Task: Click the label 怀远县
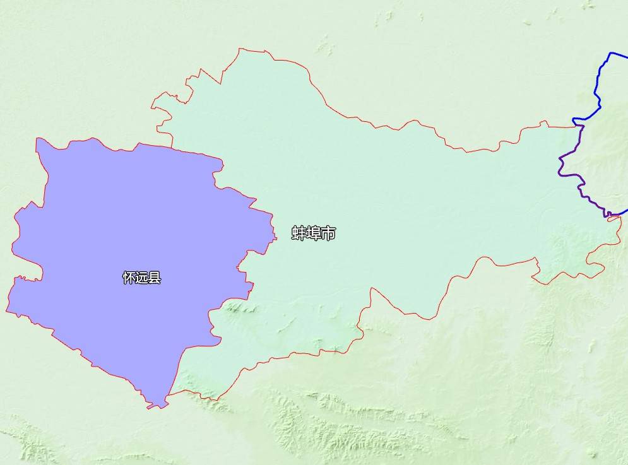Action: click(x=142, y=278)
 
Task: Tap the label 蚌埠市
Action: click(x=314, y=233)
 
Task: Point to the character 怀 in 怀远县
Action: click(x=129, y=278)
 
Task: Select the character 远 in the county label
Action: click(x=142, y=278)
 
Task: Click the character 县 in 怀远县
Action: click(x=155, y=278)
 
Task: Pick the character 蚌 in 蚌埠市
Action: click(x=299, y=233)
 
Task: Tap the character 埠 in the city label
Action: click(x=314, y=233)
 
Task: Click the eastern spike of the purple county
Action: click(x=275, y=238)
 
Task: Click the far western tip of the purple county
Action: click(x=7, y=310)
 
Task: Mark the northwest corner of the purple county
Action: click(x=38, y=139)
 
